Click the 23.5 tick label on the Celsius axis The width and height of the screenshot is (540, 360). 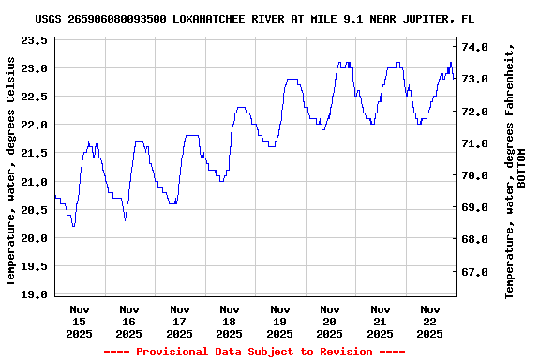tap(33, 40)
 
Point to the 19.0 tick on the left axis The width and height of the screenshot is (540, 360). tap(33, 294)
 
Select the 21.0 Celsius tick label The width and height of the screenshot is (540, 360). tap(33, 181)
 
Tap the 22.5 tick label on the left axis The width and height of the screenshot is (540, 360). tap(33, 97)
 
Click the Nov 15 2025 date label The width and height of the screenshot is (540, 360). tap(79, 322)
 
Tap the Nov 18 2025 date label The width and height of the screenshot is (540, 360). tap(229, 322)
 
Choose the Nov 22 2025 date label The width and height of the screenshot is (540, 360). tap(429, 322)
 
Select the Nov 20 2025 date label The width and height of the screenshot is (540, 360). tap(329, 322)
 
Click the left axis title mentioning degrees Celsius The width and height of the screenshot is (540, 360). tap(11, 171)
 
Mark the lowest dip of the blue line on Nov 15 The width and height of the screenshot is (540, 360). tap(73, 226)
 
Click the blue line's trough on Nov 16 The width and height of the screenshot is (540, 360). tap(125, 220)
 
